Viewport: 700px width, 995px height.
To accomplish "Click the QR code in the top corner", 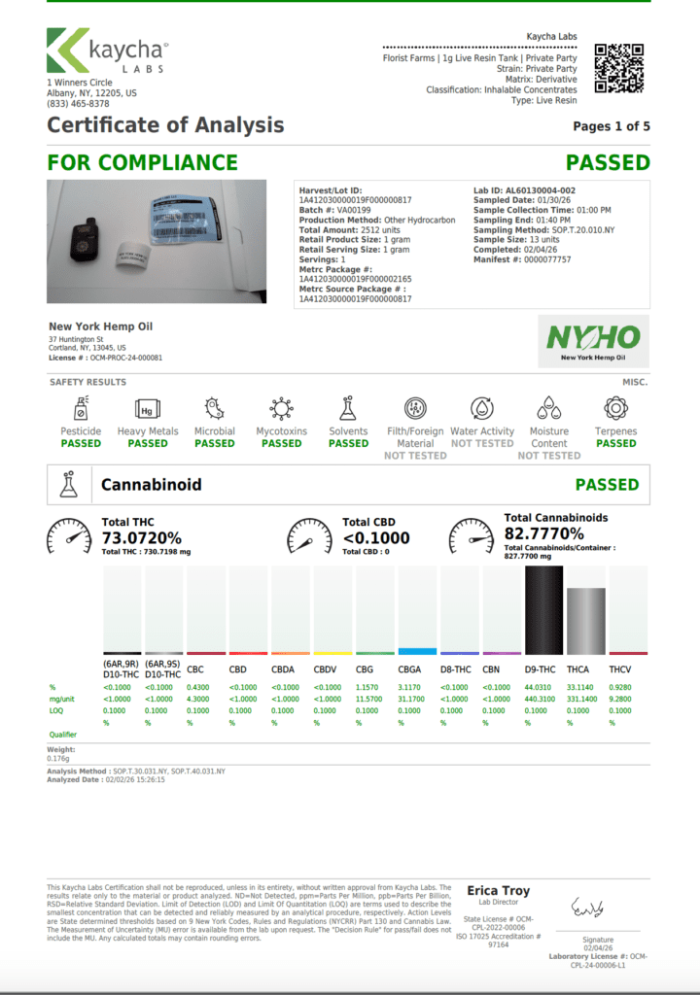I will (619, 68).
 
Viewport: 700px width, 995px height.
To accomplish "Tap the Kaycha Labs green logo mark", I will (68, 51).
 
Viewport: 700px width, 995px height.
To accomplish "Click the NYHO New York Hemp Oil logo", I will (593, 341).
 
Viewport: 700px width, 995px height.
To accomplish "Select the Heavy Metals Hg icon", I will (148, 408).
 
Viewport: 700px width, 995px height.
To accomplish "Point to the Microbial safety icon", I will (214, 408).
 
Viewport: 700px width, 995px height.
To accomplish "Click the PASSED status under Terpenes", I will (616, 443).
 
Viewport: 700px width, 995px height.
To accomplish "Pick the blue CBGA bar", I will (417, 650).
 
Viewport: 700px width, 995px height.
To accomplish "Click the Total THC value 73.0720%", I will (142, 537).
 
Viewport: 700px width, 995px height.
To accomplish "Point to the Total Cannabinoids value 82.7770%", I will (543, 533).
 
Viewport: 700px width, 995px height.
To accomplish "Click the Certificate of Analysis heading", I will (165, 124).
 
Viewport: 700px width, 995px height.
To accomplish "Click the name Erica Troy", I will (499, 891).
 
